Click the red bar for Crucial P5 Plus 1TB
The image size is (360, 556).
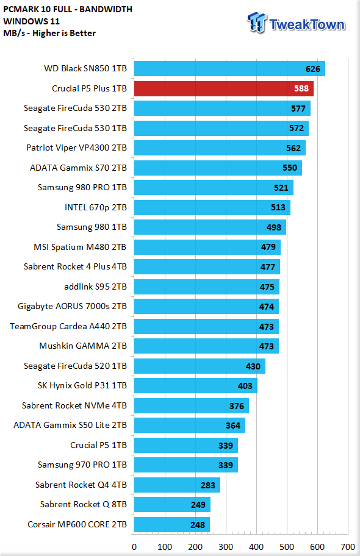point(224,88)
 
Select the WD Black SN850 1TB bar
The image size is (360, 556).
point(229,68)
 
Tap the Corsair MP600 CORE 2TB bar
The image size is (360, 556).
point(172,524)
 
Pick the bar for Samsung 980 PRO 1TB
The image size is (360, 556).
point(214,187)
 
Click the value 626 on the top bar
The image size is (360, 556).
point(313,69)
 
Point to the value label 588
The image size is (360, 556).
point(301,88)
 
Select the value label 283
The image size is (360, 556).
point(207,485)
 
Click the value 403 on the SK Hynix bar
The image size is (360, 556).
point(245,386)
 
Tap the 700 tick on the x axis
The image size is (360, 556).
point(348,547)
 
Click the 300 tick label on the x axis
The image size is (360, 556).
point(226,547)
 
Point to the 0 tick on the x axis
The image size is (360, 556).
point(134,547)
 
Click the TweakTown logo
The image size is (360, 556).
point(297,23)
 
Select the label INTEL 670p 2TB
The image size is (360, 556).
point(96,207)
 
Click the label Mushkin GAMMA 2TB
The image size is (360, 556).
point(83,346)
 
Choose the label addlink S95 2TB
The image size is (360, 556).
point(95,287)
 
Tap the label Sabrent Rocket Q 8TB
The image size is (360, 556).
point(84,504)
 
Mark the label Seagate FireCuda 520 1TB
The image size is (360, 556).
point(75,366)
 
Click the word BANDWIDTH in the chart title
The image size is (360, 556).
point(106,9)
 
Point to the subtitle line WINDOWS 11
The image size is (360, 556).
point(31,21)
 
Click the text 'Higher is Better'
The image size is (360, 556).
point(64,34)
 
